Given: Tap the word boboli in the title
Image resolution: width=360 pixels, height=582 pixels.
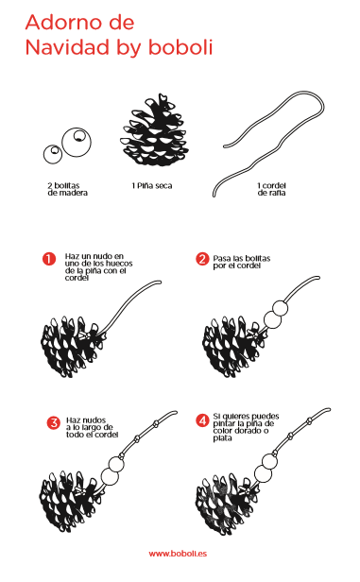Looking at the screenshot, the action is pos(180,47).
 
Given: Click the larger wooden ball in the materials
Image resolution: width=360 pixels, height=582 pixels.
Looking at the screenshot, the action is pos(77,142).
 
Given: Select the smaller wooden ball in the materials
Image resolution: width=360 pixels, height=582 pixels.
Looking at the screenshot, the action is pos(53,154).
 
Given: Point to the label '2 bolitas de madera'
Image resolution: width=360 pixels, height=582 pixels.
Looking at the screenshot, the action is pos(67,189).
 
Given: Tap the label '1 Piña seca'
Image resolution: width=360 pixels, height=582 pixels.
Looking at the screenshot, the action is pos(152,185).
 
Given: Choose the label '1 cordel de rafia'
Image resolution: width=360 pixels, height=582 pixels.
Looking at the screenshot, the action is pos(272,189).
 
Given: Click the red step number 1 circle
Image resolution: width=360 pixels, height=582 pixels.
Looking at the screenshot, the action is pos(49,259).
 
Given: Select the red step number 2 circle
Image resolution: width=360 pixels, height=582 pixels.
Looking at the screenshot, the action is pos(202,259).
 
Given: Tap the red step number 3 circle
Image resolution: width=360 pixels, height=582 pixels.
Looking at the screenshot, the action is pos(54,422).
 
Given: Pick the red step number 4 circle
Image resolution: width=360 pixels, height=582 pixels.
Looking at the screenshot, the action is pos(202,420).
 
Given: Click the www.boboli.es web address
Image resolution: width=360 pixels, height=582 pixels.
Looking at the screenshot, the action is pos(178,554).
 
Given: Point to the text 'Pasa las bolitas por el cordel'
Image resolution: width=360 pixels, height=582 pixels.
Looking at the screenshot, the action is pos(242,262).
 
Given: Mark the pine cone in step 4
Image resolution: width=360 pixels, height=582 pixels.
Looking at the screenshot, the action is pos(227,504).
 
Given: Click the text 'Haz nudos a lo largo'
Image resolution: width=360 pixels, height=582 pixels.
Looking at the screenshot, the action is pos(90,423).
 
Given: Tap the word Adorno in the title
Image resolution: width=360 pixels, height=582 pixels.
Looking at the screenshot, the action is pos(79,23).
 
